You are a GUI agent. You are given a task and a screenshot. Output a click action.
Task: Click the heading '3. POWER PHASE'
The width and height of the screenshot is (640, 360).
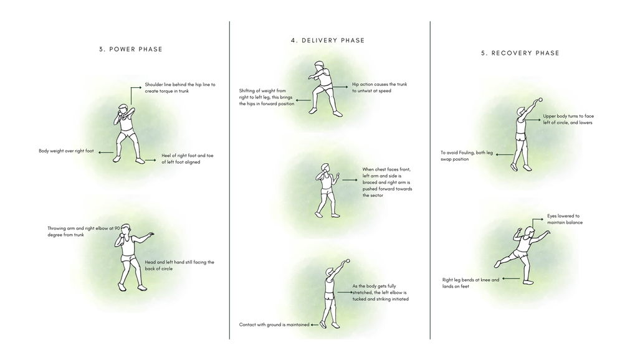pos(130,49)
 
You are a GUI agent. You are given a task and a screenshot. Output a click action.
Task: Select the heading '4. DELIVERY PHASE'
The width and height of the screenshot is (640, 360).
pos(328,40)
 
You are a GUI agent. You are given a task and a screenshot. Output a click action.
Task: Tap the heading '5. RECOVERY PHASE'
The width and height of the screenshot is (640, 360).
pos(520,53)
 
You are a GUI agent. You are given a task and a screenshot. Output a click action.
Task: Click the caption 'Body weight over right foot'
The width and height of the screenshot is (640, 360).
pos(66,151)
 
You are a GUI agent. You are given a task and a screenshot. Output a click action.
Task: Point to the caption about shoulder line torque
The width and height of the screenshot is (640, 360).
pos(179,88)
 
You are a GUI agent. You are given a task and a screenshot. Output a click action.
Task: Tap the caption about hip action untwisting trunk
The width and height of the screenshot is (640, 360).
pos(379,87)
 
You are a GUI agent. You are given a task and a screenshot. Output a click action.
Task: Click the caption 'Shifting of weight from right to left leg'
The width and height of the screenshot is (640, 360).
pos(266,97)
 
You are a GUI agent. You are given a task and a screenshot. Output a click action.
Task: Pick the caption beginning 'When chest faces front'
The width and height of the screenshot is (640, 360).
pos(387,182)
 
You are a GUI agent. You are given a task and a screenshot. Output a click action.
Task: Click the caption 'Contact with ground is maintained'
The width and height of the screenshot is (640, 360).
pos(274,324)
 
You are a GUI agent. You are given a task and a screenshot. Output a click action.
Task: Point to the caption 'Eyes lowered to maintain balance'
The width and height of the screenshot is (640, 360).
pos(565,219)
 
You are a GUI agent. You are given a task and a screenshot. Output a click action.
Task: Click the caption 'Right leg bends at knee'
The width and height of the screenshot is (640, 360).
pos(470,283)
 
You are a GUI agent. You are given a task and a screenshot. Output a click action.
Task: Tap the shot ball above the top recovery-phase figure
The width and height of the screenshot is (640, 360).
pos(540,99)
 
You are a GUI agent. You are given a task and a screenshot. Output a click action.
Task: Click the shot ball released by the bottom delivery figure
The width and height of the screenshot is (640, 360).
pos(348,261)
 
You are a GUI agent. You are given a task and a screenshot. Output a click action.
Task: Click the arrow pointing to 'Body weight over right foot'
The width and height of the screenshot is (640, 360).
pos(105,151)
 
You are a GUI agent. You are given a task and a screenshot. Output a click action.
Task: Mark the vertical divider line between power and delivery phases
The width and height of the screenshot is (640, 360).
pos(229,181)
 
